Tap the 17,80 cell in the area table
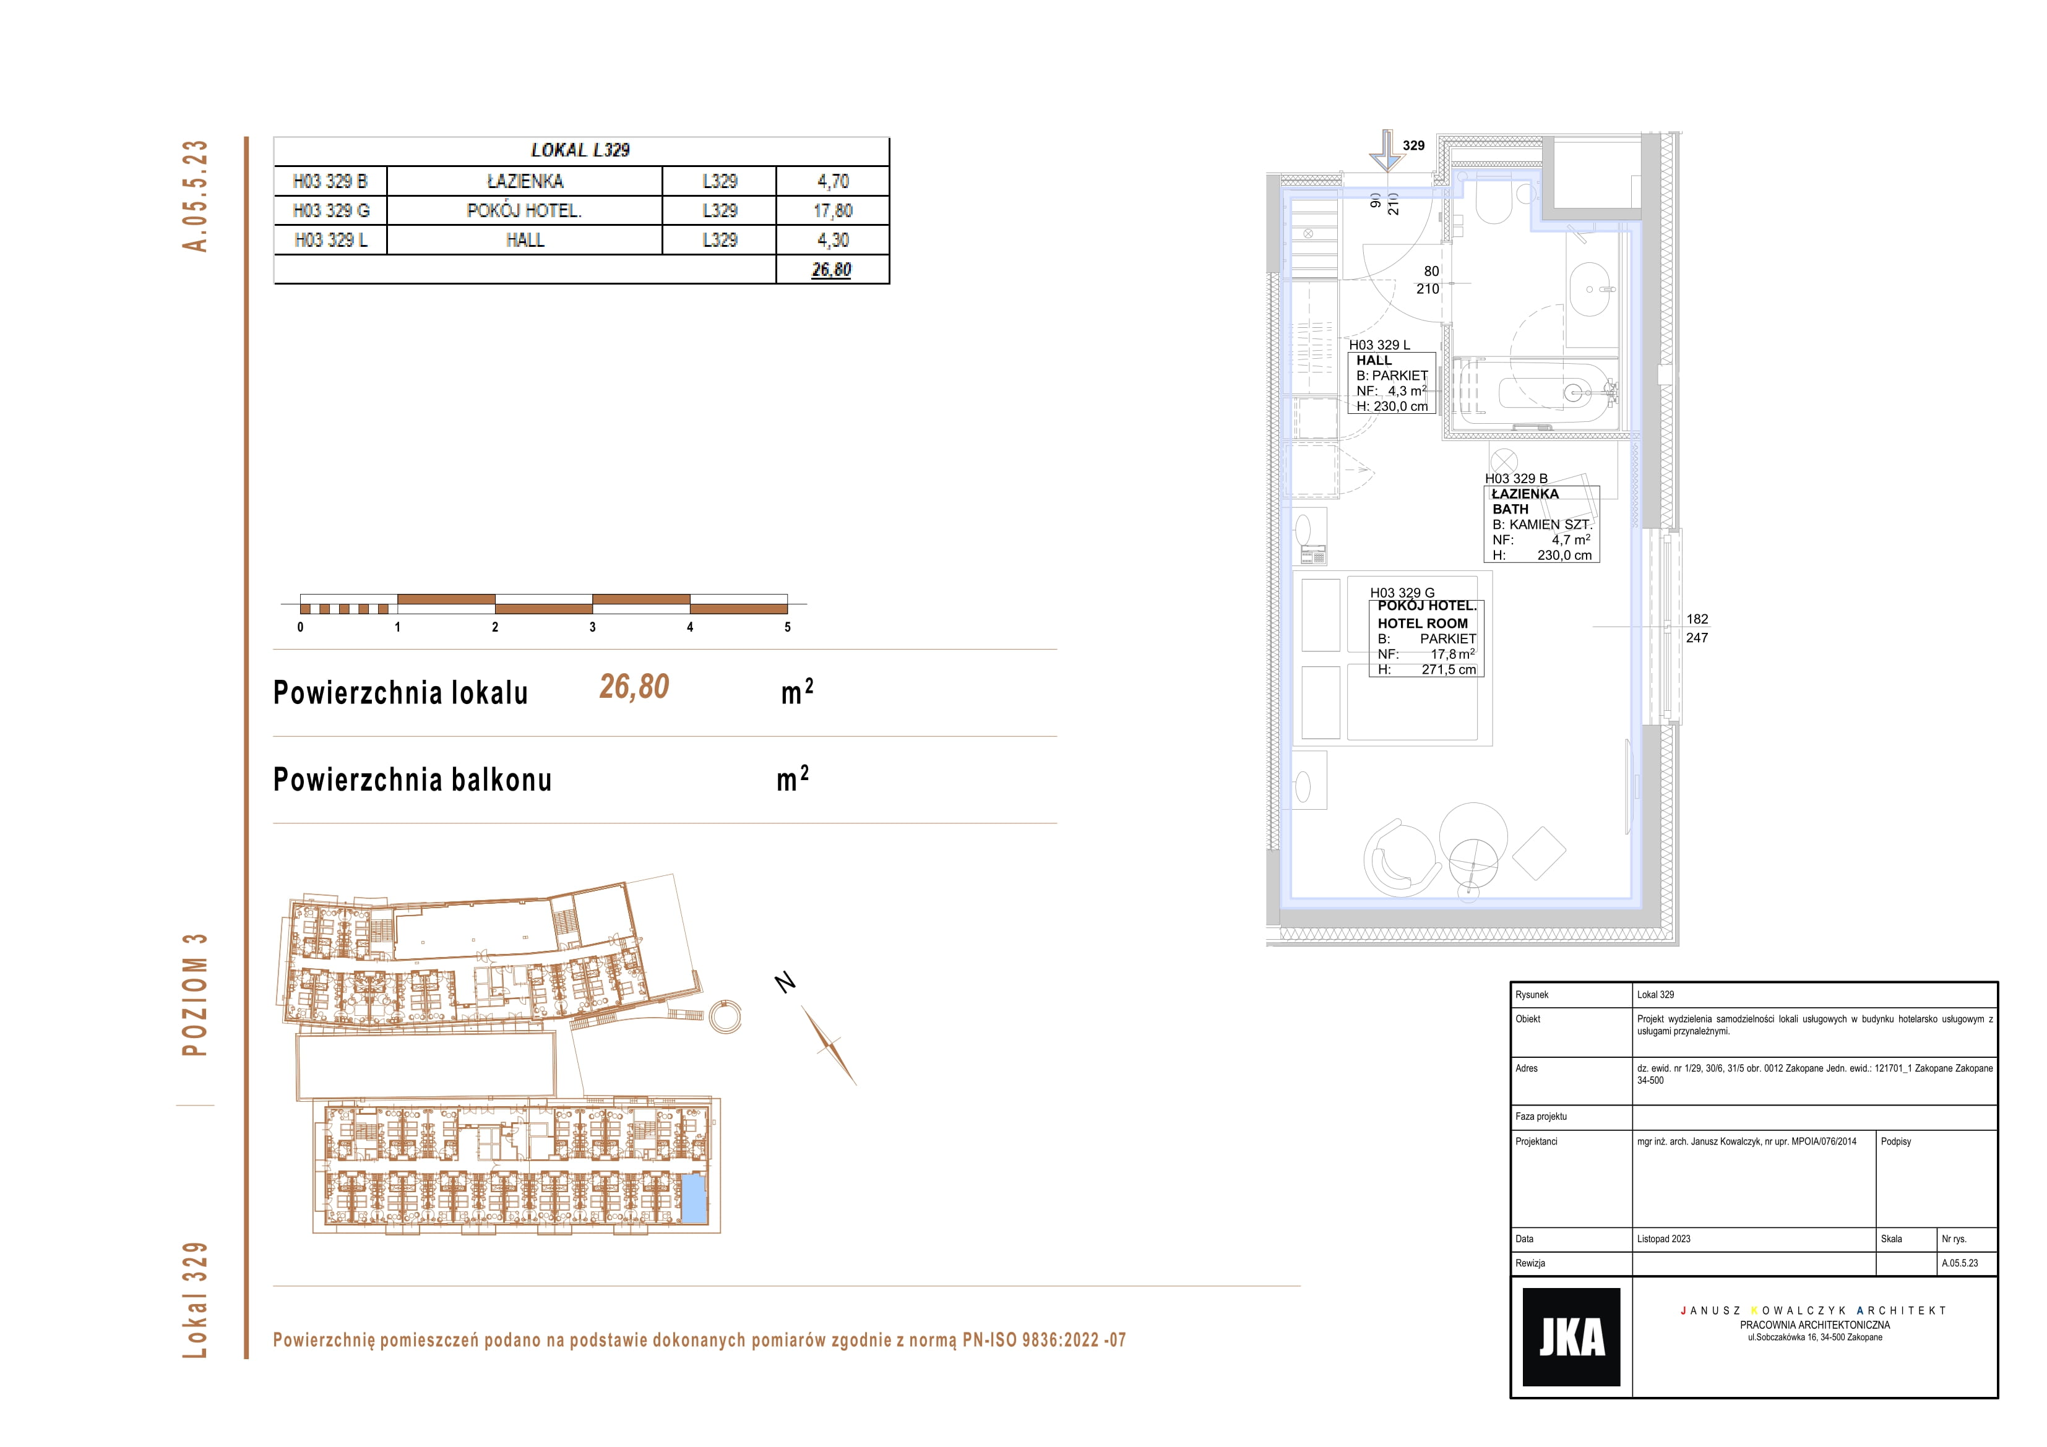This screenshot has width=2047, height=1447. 833,210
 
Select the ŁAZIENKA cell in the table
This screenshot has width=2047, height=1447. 525,181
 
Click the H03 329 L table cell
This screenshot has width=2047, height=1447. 331,240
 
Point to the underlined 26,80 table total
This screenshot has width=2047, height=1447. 832,269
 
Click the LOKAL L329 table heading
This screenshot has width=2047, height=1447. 580,150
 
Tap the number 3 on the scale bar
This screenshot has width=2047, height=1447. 593,627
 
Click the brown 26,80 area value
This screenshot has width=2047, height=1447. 634,687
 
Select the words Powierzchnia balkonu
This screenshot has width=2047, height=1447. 412,779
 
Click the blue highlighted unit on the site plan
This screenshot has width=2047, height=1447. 694,1199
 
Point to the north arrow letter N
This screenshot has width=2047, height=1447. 785,982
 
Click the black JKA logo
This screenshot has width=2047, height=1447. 1571,1336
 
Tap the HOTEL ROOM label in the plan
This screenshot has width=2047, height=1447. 1422,623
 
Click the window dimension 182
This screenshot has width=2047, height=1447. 1697,619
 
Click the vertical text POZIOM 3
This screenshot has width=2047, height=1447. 194,994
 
